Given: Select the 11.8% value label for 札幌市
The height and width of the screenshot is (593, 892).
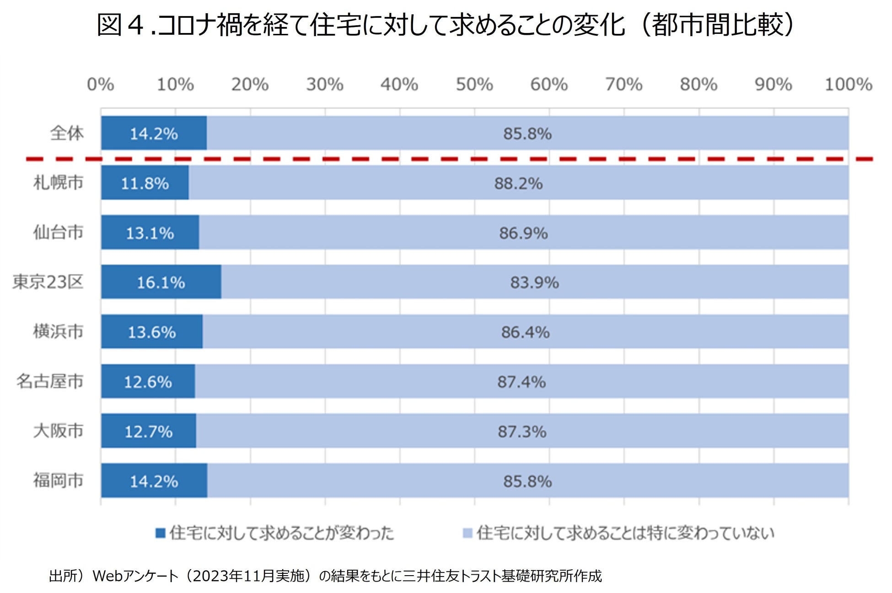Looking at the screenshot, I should (145, 184).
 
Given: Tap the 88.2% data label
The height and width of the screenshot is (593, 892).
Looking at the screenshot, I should (518, 184).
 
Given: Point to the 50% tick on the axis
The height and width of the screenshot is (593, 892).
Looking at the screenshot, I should (474, 85).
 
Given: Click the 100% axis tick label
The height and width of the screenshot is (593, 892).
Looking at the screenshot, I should (848, 85).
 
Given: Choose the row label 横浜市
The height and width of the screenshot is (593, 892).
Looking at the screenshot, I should (58, 332).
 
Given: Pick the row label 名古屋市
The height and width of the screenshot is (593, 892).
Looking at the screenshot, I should (50, 381).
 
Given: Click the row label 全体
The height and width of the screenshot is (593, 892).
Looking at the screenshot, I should (67, 133).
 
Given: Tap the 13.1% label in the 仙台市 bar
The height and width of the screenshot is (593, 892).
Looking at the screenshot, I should (150, 233).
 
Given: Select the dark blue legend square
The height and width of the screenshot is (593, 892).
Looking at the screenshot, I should (160, 533).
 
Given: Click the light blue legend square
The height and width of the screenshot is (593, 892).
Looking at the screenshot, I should (467, 533).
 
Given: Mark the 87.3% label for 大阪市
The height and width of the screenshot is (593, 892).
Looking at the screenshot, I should (522, 431).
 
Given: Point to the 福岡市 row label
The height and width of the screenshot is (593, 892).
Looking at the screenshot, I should (58, 480).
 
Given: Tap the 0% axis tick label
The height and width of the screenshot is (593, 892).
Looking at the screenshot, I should (100, 85).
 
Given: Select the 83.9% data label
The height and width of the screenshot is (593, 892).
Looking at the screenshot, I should (534, 283).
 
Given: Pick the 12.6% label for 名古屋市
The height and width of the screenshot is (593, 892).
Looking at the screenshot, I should (148, 382).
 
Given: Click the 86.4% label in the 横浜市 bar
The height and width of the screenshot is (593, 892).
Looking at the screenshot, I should (525, 332).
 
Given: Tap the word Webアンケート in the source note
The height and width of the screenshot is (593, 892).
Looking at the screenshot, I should (135, 576).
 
